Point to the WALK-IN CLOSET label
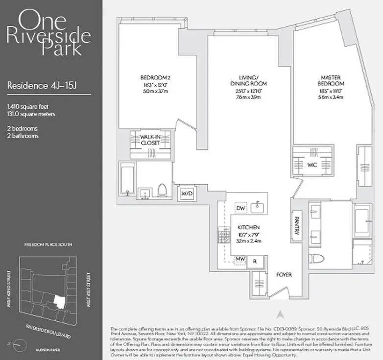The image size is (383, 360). point(151,140)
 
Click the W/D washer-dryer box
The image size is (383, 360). point(187,193)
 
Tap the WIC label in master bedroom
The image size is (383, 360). point(312,165)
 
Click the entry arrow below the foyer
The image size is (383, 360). point(280,313)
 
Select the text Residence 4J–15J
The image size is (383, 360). point(42,85)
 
